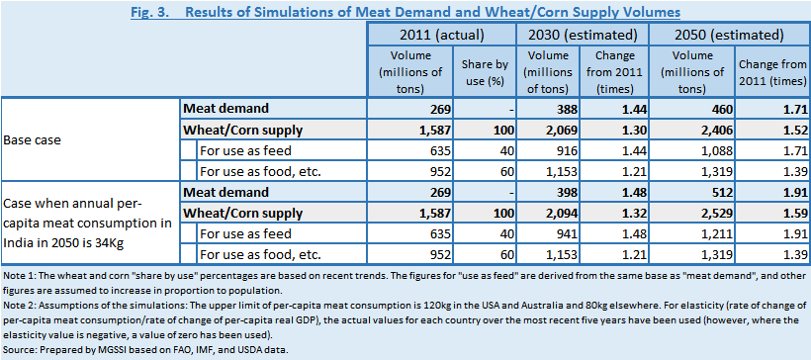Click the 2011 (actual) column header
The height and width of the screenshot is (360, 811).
coord(441,35)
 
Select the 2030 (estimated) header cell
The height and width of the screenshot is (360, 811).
coord(583,35)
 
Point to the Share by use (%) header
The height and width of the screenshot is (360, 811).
coord(484,72)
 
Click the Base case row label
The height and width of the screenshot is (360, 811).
coord(32,139)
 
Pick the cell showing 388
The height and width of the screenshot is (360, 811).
coord(567,109)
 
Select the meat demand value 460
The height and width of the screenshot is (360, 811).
coord(721,109)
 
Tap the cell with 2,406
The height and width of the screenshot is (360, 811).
coord(716,131)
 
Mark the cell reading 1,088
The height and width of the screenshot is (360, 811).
coord(716,151)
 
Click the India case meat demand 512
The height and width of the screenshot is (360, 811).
coord(721,193)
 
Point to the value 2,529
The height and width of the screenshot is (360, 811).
coord(716,213)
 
